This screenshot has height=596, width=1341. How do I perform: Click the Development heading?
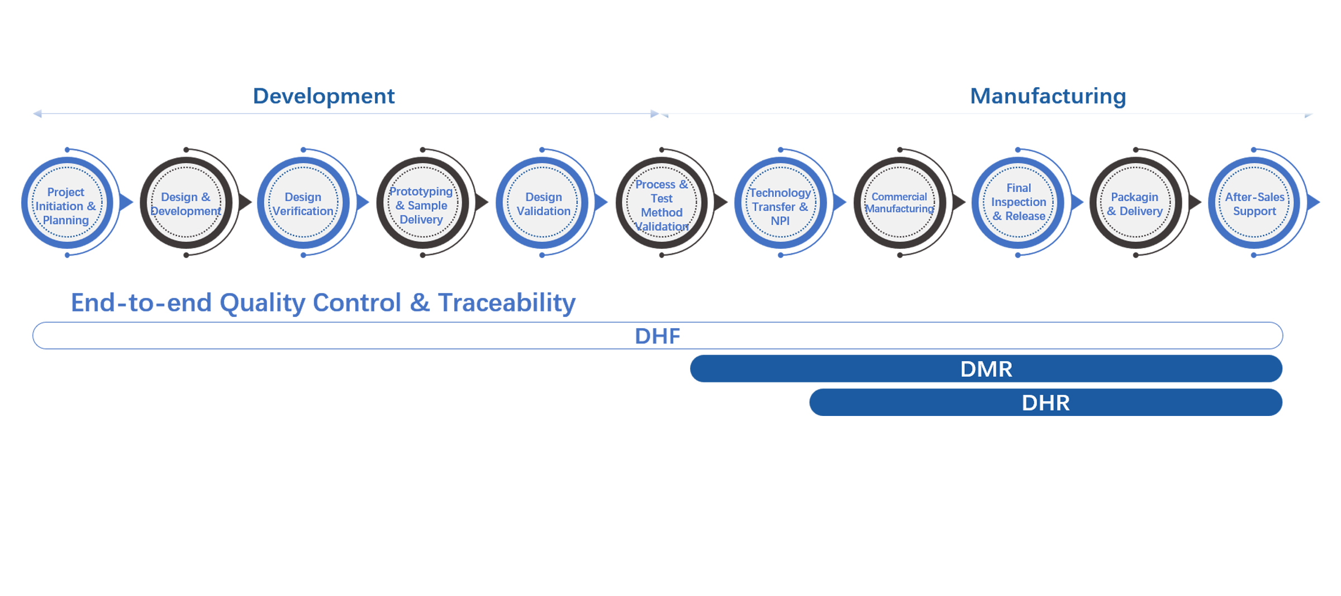click(324, 96)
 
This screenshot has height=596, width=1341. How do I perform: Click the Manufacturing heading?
click(1048, 96)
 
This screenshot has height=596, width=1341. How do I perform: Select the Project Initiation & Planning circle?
click(67, 203)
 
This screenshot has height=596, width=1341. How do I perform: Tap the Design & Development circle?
click(186, 203)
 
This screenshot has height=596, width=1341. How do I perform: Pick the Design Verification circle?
click(303, 203)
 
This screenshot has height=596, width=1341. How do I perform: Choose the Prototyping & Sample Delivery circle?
click(422, 203)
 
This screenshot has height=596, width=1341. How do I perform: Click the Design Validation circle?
click(542, 203)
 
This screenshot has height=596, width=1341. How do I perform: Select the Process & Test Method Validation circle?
click(662, 203)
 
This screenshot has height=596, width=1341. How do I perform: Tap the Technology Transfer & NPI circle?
click(781, 203)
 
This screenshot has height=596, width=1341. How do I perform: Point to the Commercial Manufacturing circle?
click(900, 203)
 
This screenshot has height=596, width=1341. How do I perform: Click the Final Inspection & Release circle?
click(1018, 203)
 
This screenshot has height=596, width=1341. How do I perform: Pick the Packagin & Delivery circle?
click(1136, 203)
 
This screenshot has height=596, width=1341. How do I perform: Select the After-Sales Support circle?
click(1254, 203)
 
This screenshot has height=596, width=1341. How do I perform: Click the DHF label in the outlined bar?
click(658, 336)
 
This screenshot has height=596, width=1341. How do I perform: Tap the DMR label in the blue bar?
click(986, 369)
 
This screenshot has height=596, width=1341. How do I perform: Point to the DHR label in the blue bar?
click(1045, 403)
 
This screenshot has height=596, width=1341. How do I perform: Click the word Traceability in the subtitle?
click(507, 303)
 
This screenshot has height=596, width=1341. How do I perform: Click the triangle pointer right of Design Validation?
click(602, 202)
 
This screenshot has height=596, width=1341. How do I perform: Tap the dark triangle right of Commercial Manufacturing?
click(959, 202)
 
